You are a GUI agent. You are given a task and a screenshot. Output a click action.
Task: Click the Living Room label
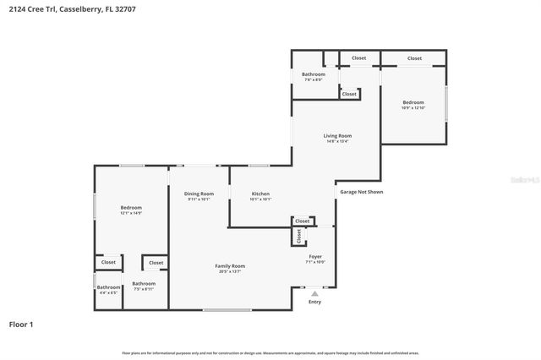pyautogui.click(x=337, y=136)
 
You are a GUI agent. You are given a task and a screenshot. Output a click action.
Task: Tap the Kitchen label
pyautogui.click(x=260, y=194)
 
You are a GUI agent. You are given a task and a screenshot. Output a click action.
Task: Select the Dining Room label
pyautogui.click(x=199, y=194)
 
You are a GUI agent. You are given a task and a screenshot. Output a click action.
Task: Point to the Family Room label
pyautogui.click(x=230, y=266)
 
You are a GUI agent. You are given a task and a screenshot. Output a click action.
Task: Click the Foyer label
pyautogui.click(x=314, y=256)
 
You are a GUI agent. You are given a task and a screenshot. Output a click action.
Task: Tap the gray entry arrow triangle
pyautogui.click(x=314, y=293)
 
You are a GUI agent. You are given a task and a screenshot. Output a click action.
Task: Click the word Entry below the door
pyautogui.click(x=314, y=302)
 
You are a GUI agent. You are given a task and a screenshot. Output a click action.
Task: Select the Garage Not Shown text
pyautogui.click(x=362, y=192)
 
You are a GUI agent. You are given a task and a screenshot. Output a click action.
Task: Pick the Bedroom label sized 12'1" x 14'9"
pyautogui.click(x=131, y=208)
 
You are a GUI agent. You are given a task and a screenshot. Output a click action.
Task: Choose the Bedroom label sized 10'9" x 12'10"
pyautogui.click(x=413, y=103)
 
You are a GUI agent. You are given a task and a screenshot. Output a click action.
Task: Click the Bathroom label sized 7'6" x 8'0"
pyautogui.click(x=314, y=74)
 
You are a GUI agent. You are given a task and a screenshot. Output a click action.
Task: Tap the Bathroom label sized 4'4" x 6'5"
pyautogui.click(x=108, y=287)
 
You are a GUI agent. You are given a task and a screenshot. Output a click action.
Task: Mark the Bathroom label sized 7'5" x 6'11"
pyautogui.click(x=144, y=284)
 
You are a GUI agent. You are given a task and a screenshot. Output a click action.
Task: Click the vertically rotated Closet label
pyautogui.click(x=298, y=237)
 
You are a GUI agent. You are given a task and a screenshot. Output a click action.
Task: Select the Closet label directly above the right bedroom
pyautogui.click(x=414, y=58)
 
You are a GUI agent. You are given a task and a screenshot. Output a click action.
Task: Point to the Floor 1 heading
pyautogui.click(x=22, y=324)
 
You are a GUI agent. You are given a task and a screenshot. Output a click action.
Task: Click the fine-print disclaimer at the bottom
pyautogui.click(x=270, y=352)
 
